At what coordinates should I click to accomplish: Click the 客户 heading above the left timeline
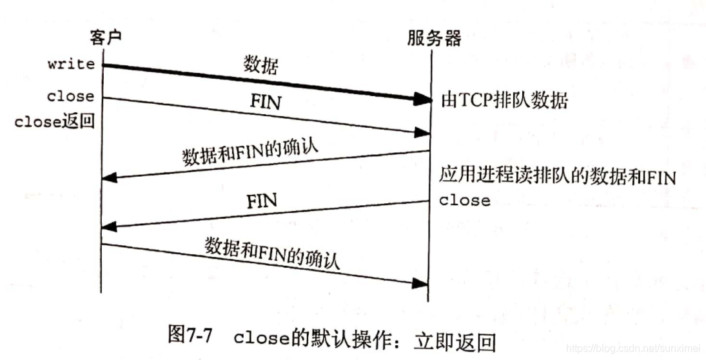(x=102, y=38)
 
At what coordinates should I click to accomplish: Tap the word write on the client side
(x=71, y=64)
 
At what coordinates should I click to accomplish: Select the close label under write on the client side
(x=70, y=96)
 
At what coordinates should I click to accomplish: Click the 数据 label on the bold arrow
(x=261, y=65)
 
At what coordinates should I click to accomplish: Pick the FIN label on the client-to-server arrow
(x=264, y=103)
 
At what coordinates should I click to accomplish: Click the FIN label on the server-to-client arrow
(x=262, y=201)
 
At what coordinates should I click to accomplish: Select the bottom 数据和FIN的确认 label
(x=272, y=252)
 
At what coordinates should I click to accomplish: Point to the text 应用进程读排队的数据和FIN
(x=558, y=176)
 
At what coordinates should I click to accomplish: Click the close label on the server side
(x=465, y=201)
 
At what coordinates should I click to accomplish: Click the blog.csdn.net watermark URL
(x=631, y=348)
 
